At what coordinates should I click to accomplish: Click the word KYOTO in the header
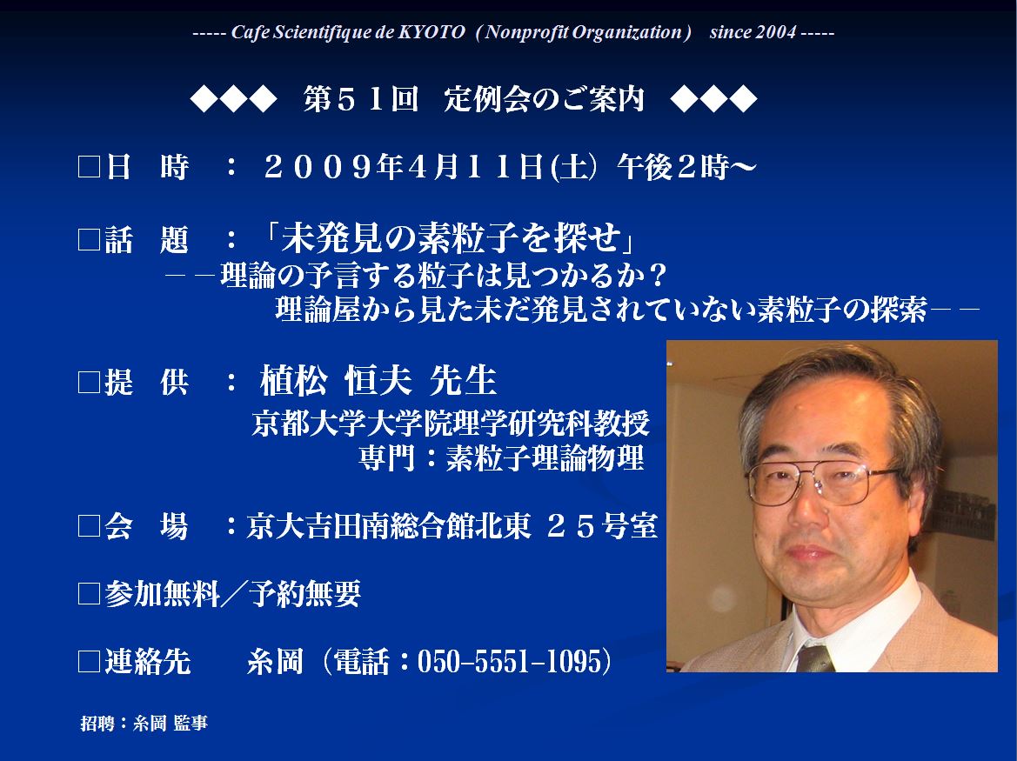click(x=432, y=32)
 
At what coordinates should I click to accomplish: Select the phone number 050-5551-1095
click(x=510, y=661)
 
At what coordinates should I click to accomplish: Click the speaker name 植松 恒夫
click(x=335, y=381)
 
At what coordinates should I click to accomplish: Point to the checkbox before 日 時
click(x=89, y=167)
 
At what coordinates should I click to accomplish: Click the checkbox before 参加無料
click(x=89, y=593)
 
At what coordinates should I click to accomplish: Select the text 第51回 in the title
click(x=361, y=99)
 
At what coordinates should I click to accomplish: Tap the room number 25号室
click(x=603, y=525)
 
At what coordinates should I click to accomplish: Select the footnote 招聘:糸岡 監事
click(x=144, y=723)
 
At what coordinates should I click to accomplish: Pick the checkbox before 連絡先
click(x=89, y=661)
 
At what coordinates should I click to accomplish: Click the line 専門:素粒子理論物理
click(x=501, y=458)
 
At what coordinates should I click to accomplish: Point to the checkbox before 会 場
click(x=89, y=525)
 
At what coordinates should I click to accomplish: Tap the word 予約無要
click(x=304, y=593)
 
